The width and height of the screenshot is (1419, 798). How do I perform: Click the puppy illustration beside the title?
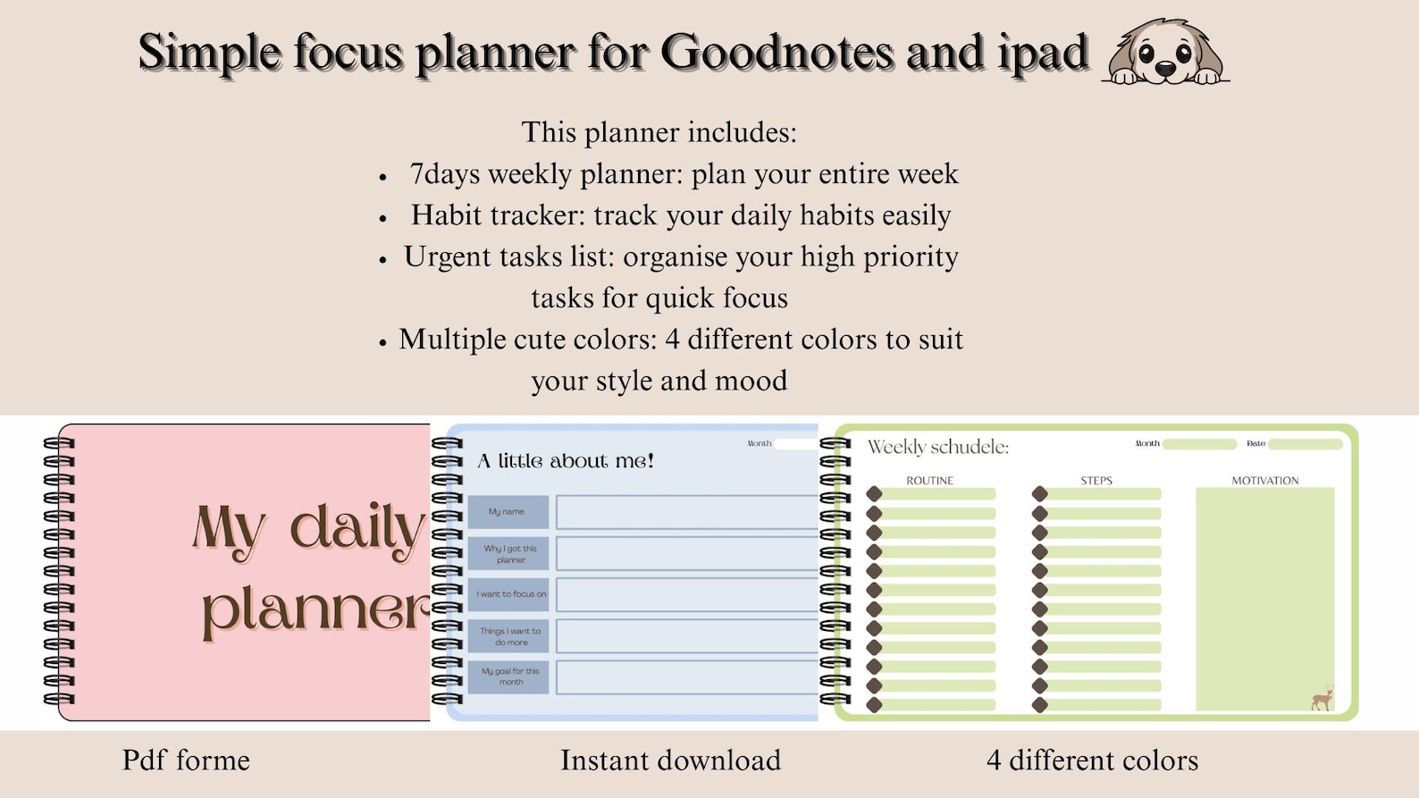[x=1165, y=54]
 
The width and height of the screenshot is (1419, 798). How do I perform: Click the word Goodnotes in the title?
[x=777, y=52]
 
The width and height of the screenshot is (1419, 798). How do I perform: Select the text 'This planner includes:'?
[x=659, y=132]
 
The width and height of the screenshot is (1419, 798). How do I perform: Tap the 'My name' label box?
[x=507, y=512]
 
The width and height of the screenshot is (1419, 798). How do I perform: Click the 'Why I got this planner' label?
[x=509, y=554]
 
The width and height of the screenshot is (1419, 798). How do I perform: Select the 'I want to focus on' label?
[x=509, y=594]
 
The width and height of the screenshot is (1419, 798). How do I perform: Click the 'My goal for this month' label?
[x=509, y=676]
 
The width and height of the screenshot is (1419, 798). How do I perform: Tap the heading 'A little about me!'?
[x=566, y=461]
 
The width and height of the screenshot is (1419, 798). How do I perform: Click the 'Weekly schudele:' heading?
[x=937, y=447]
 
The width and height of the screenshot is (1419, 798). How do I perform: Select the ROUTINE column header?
[x=929, y=481]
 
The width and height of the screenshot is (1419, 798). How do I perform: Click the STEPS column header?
[x=1096, y=481]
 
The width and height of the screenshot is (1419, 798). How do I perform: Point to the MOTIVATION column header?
[x=1264, y=481]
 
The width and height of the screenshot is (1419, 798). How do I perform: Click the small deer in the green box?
[x=1322, y=698]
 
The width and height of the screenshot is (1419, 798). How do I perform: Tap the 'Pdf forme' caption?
[x=186, y=760]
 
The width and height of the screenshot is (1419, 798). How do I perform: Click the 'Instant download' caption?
[x=670, y=760]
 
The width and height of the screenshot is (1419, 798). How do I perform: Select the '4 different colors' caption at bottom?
[x=1092, y=760]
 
